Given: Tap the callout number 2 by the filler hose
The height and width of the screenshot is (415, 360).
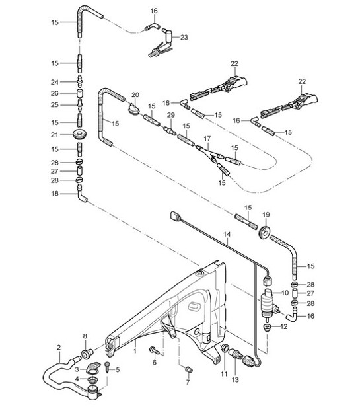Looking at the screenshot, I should pos(59,347).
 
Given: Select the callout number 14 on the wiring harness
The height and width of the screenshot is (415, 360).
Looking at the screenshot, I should pos(227,234).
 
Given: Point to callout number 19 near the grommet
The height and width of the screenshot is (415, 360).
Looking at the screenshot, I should pos(266,215).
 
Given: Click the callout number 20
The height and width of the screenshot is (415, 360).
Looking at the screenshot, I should pos(135,96).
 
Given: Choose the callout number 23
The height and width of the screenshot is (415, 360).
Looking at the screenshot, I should pos(184,38).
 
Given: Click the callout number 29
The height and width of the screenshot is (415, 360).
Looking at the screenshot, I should pos(170,116).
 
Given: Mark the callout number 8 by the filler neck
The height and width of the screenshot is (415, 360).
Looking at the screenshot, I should pos(85,337).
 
